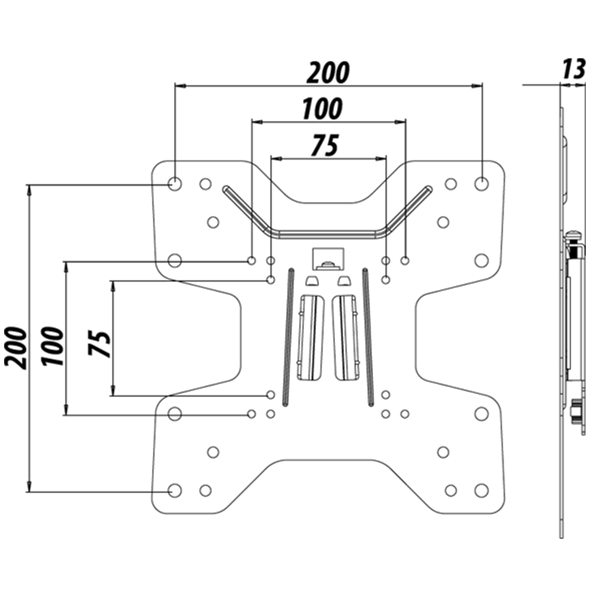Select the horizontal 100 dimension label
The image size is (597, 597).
pos(322,109)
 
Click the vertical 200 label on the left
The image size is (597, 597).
pos(16,348)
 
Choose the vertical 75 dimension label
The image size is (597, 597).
pos(100,343)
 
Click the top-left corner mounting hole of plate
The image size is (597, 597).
pos(174,184)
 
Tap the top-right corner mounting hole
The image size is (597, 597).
pos(481,184)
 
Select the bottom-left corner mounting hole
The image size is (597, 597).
pos(174,490)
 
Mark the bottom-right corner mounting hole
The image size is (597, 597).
pos(481,490)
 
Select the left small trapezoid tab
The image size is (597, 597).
pos(312,281)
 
